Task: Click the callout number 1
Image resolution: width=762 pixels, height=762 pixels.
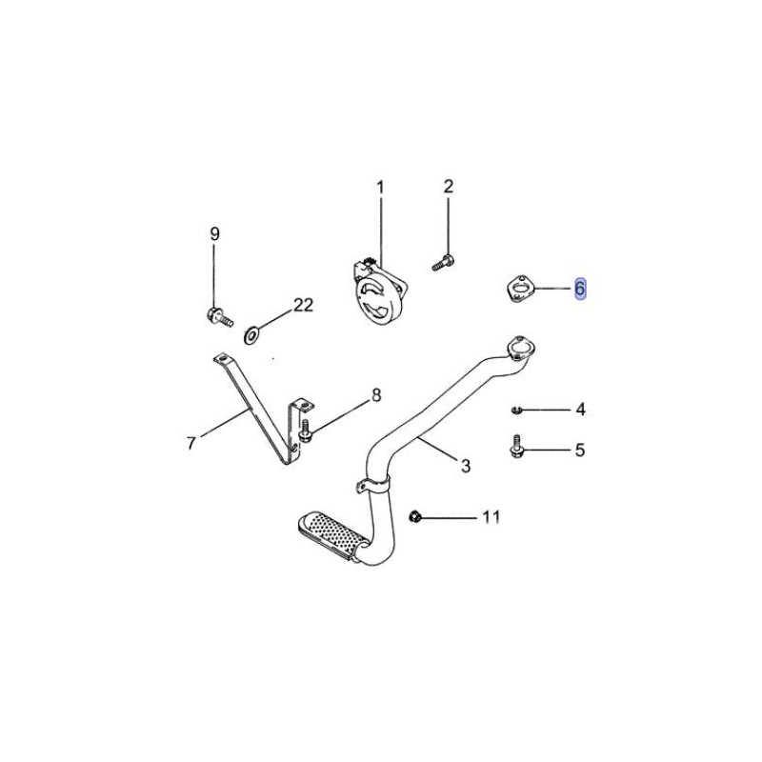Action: coord(380,187)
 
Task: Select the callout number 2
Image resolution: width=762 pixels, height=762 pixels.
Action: coord(448,186)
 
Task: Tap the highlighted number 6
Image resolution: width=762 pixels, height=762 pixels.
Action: coord(580,289)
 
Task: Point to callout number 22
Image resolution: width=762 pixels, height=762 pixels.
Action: coord(303,305)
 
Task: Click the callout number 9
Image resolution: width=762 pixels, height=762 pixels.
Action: coord(214,233)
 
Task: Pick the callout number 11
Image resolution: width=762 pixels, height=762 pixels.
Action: coord(491,516)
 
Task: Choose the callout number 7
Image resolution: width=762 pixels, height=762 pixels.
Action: coord(191,443)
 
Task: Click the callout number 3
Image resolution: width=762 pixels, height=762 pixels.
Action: coord(466,466)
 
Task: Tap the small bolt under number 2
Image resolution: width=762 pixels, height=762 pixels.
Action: coord(443,262)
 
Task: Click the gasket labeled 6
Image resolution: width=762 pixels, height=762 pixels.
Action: coord(518,288)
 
